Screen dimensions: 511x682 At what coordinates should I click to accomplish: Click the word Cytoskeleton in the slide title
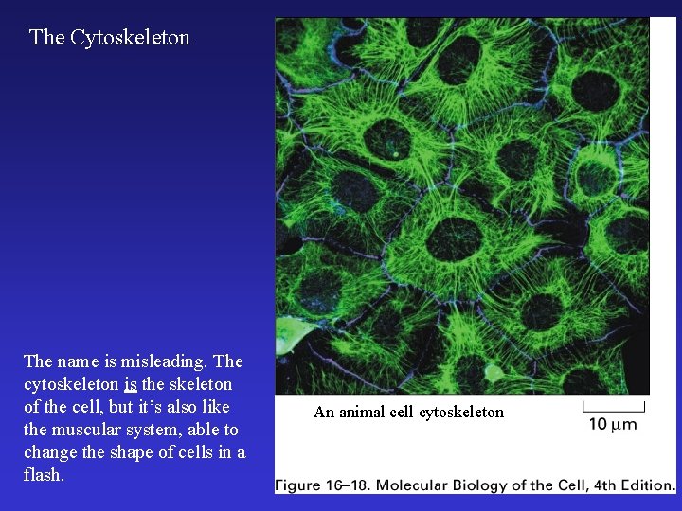click(x=130, y=38)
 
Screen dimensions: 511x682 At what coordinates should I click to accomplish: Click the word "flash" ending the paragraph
click(x=43, y=475)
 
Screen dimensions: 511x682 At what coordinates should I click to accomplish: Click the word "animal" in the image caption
click(x=363, y=412)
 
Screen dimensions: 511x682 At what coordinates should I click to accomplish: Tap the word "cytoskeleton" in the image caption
click(x=461, y=412)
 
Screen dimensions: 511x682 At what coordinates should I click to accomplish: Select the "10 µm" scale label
click(x=613, y=424)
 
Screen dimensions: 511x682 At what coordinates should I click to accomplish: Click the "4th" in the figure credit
click(x=601, y=485)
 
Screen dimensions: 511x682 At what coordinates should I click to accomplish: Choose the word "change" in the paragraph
click(x=50, y=452)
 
